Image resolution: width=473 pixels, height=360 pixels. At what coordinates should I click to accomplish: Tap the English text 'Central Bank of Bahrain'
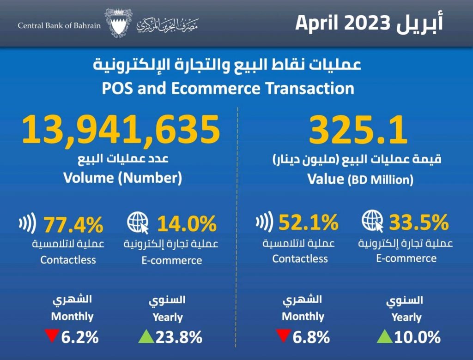59,25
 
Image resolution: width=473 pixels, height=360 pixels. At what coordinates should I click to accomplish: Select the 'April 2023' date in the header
346,24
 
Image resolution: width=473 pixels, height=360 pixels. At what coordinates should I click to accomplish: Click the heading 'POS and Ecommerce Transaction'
228,88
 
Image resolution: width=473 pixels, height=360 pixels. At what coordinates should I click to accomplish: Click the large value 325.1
358,130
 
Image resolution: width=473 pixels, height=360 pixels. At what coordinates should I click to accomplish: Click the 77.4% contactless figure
73,226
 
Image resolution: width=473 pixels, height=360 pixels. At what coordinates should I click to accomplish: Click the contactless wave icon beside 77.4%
26,225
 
